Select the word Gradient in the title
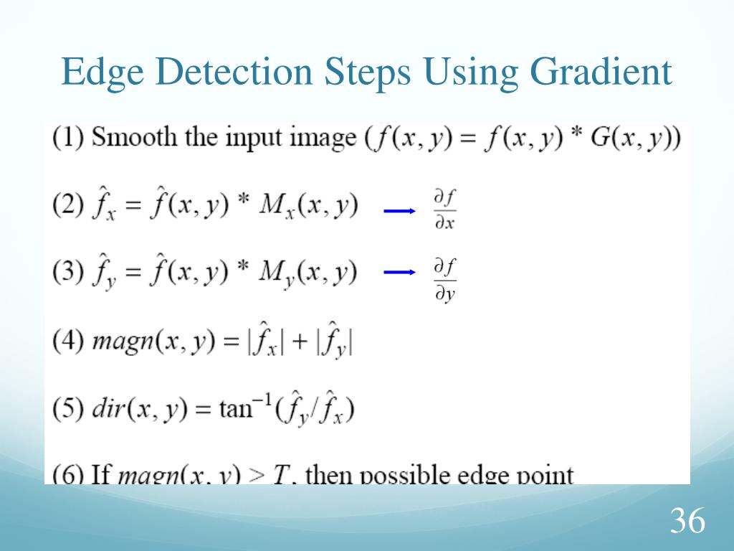tap(601, 73)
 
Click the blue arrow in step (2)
tap(400, 211)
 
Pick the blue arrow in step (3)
tap(400, 273)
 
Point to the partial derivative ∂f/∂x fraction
tap(444, 210)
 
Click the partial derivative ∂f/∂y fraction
tap(444, 281)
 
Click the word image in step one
tap(322, 138)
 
